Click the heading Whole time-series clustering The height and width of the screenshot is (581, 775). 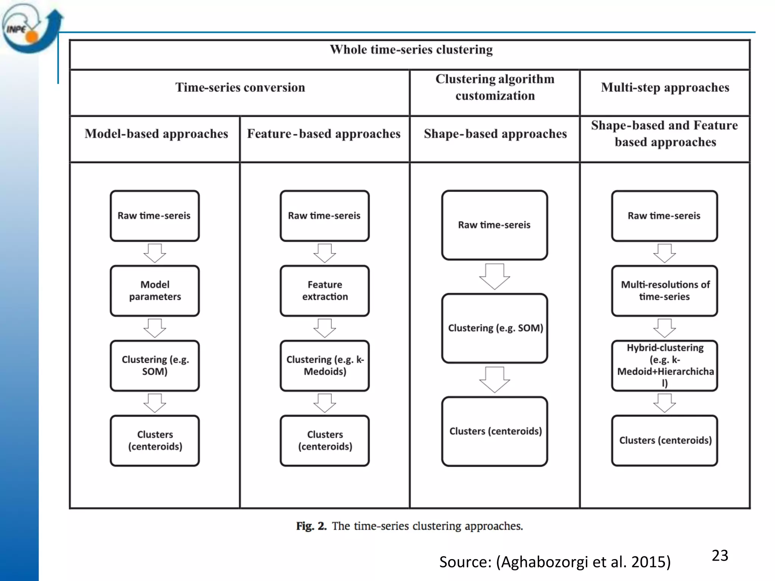pos(411,50)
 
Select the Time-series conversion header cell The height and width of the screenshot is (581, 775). pos(240,87)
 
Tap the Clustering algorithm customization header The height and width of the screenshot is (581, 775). pos(495,87)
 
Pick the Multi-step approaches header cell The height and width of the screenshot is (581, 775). pos(665,87)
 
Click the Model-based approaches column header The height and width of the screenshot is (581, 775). pos(156,134)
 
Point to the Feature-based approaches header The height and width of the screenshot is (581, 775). pos(324,134)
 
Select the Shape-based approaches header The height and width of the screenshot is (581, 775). pos(495,134)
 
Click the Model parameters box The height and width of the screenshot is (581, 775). pos(155,290)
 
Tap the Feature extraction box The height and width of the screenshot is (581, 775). pos(325,290)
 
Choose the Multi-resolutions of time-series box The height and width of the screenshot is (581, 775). pos(665,290)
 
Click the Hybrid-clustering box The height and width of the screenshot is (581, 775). pos(665,365)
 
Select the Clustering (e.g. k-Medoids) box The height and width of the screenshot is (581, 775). pos(325,365)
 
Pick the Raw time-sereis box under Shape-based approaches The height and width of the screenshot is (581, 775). pos(494,225)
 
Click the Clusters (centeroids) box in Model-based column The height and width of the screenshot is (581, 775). pos(155,440)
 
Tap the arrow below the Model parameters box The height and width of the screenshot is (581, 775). pos(155,328)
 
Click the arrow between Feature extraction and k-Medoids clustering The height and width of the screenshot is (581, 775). pos(325,328)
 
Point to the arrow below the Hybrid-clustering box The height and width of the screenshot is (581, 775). pos(665,403)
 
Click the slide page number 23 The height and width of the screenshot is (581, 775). pos(720,556)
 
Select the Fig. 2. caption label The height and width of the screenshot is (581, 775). pos(311,526)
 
